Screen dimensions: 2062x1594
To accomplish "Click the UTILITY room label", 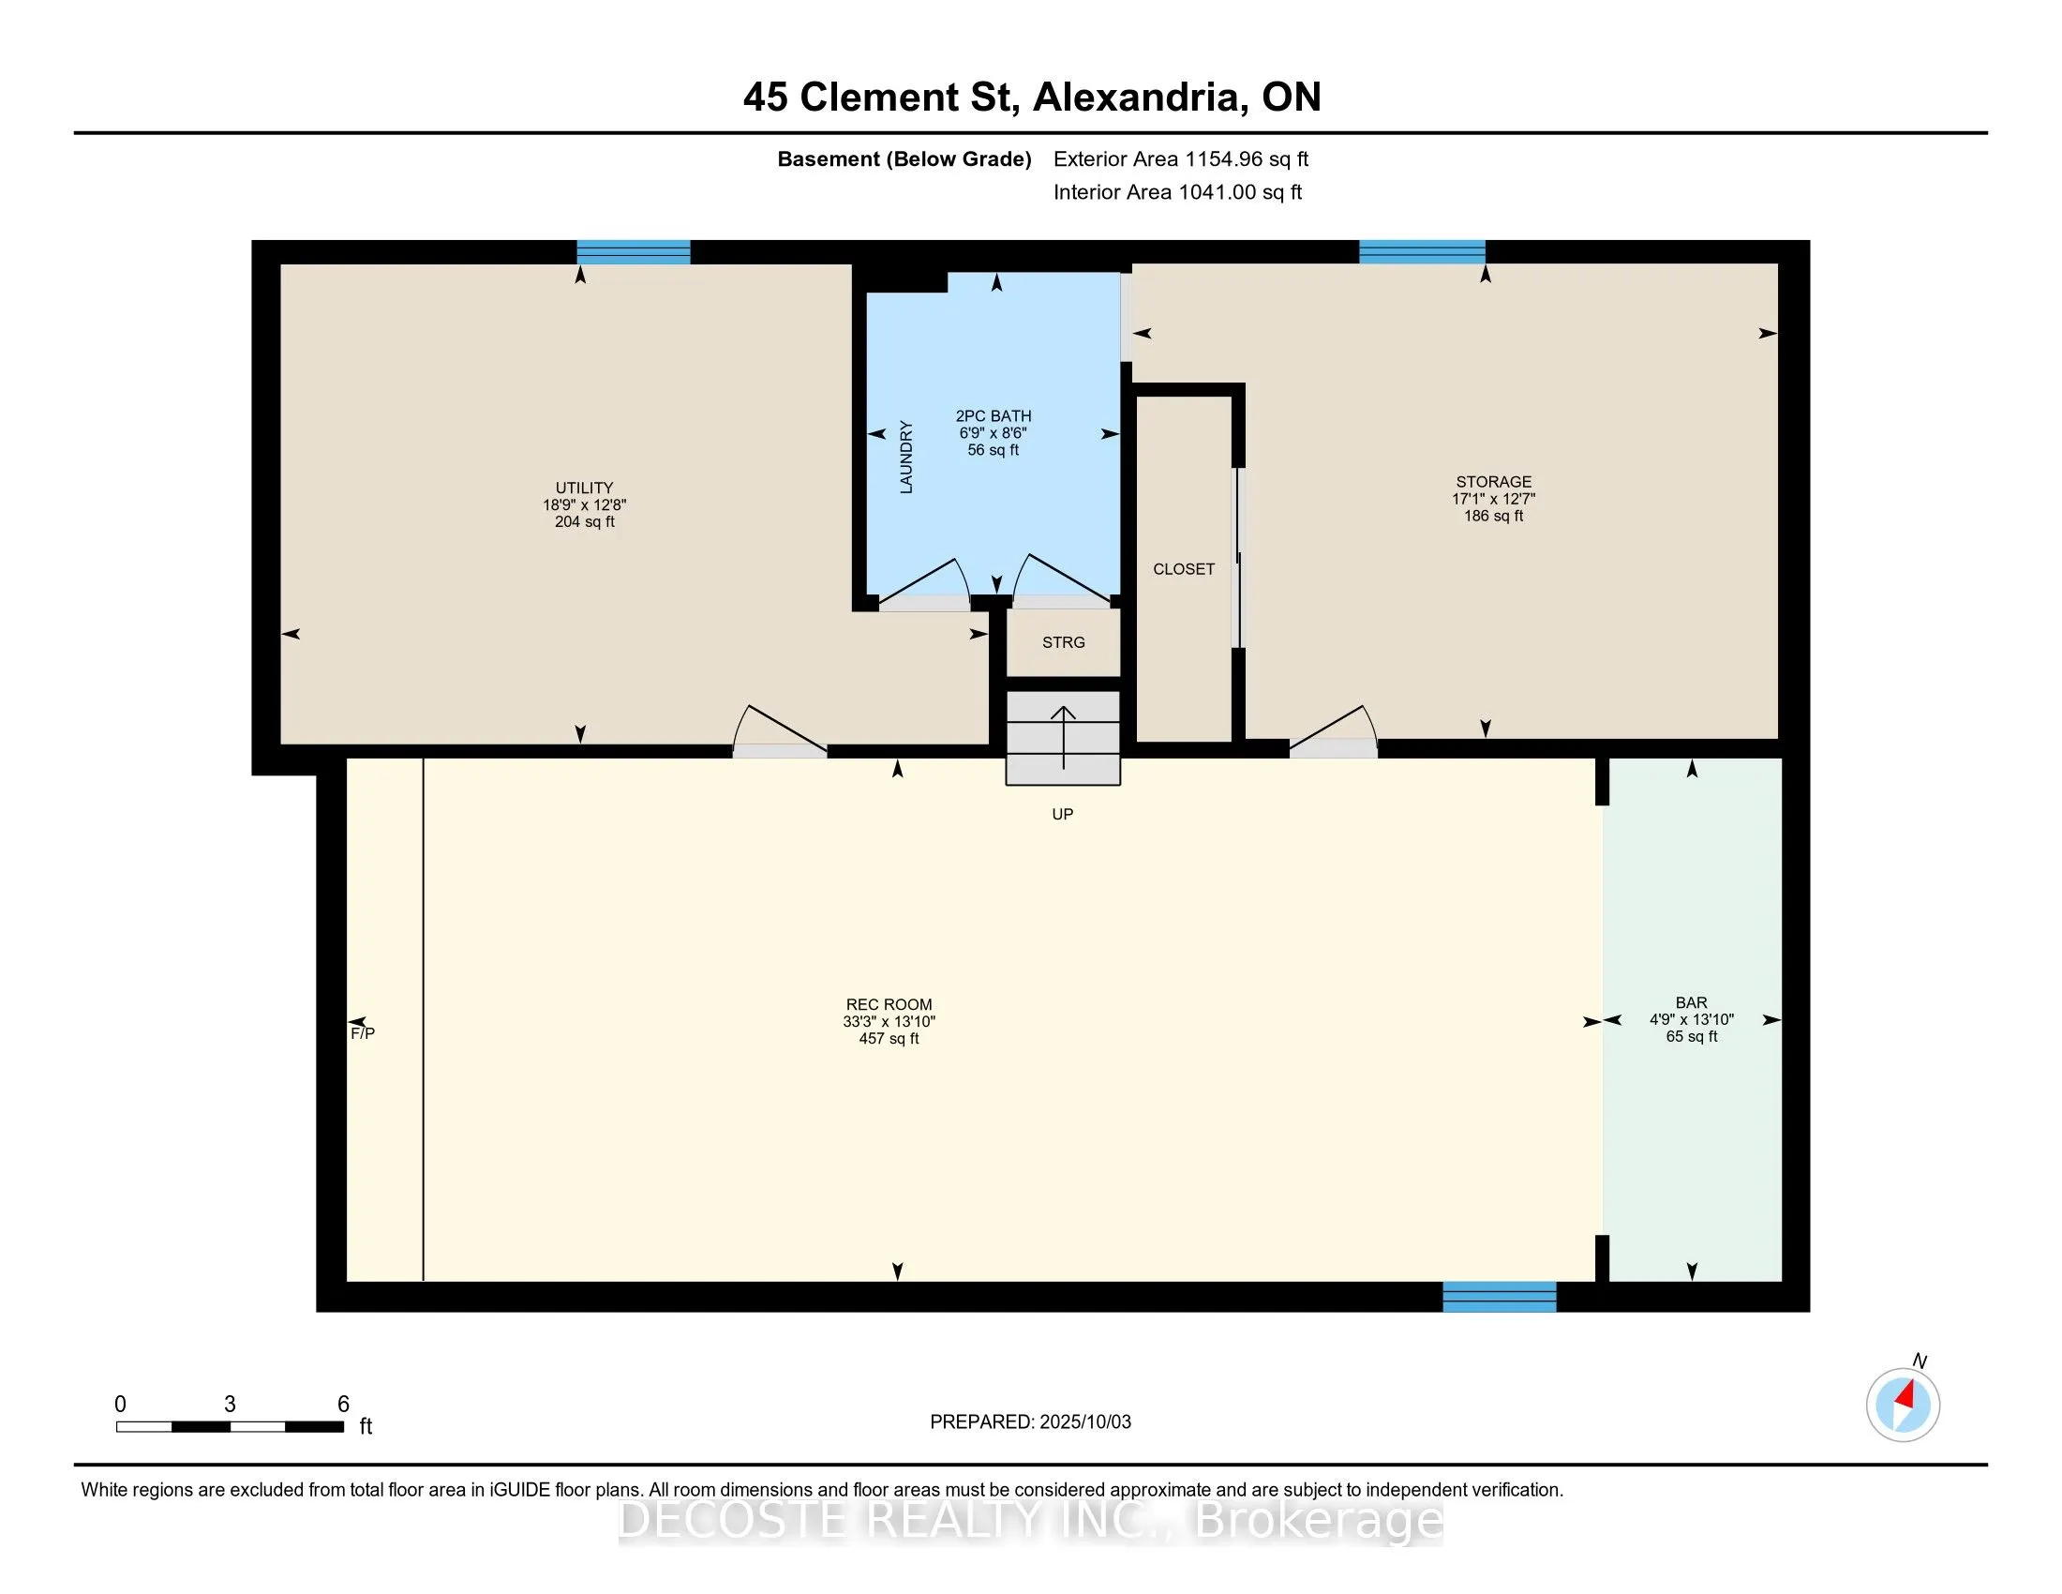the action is [585, 489].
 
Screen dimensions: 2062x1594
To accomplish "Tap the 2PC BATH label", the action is [994, 415].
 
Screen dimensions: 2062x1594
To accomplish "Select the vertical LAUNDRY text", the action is [906, 457].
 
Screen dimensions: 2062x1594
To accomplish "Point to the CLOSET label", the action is [1184, 568].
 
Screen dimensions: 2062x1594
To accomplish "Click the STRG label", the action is [1063, 642].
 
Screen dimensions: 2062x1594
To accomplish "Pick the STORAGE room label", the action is [1494, 482].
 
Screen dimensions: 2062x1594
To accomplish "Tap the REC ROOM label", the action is [889, 1005].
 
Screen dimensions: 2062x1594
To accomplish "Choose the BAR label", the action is [1692, 1003].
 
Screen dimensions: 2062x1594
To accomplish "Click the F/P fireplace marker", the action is [363, 1033].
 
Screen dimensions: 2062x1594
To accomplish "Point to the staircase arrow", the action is [1064, 738].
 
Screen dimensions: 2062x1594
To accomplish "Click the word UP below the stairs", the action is [1063, 814].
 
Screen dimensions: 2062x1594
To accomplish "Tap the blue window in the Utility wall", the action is [634, 252].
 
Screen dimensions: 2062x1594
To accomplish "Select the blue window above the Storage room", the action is [1422, 252].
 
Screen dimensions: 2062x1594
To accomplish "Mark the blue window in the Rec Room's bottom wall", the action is [1500, 1297].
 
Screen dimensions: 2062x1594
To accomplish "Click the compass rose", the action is [1904, 1406].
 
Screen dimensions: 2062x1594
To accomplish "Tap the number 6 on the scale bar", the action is [344, 1405].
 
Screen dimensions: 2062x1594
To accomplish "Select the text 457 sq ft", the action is [889, 1039].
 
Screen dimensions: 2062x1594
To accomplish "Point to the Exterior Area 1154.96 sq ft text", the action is [1181, 159].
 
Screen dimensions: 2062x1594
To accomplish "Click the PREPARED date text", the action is [1030, 1422].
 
